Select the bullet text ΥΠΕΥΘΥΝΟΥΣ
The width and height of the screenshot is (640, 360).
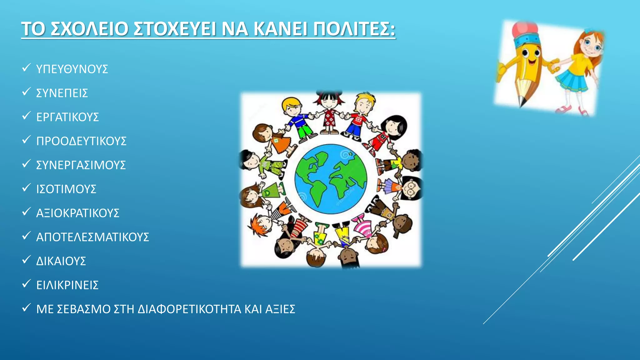(x=72, y=69)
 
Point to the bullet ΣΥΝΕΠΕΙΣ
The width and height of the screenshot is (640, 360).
(x=62, y=93)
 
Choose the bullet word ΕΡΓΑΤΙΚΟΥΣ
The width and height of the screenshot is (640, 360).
(x=67, y=117)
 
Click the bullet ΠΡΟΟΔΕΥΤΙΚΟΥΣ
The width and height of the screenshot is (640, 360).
(x=81, y=141)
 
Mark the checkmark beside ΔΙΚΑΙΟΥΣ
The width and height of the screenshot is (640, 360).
(x=26, y=259)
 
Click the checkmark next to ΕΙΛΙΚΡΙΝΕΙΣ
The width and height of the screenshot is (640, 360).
(x=26, y=283)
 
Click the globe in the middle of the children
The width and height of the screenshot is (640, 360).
(x=331, y=179)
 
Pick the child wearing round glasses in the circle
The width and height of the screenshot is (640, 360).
(x=411, y=188)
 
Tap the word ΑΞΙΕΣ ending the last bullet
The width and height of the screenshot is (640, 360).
(x=280, y=309)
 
